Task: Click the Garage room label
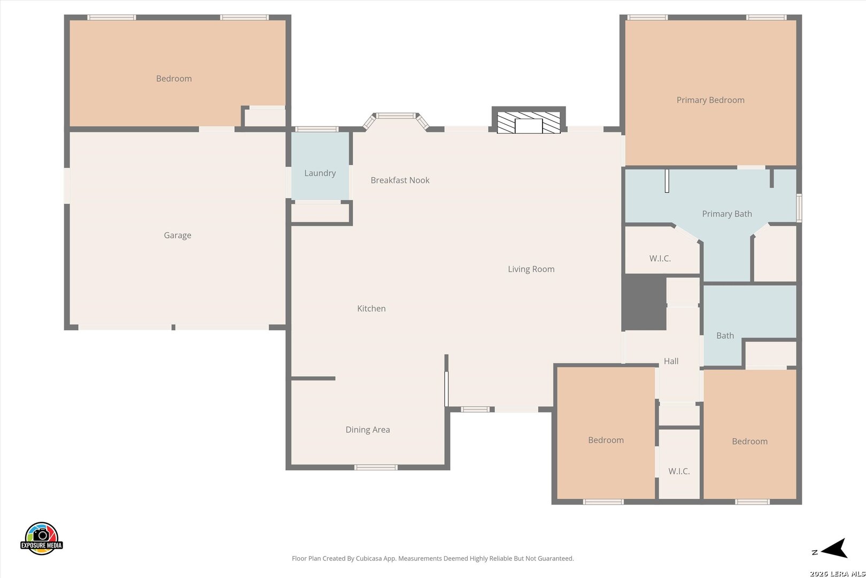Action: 177,235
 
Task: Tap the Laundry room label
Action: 320,173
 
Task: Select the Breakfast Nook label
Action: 400,180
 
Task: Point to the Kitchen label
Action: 371,309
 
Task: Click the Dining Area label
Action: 368,430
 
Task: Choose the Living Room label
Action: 531,269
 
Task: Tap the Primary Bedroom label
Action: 710,100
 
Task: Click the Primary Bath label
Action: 727,214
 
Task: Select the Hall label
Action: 671,361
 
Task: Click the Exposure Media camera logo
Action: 41,538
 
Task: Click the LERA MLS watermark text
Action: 837,573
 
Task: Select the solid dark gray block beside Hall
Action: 644,302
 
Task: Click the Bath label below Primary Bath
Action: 725,336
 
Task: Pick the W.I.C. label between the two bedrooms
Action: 679,471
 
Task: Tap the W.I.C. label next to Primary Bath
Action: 660,258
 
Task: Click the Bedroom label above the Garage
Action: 174,79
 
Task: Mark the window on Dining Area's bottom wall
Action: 376,467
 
